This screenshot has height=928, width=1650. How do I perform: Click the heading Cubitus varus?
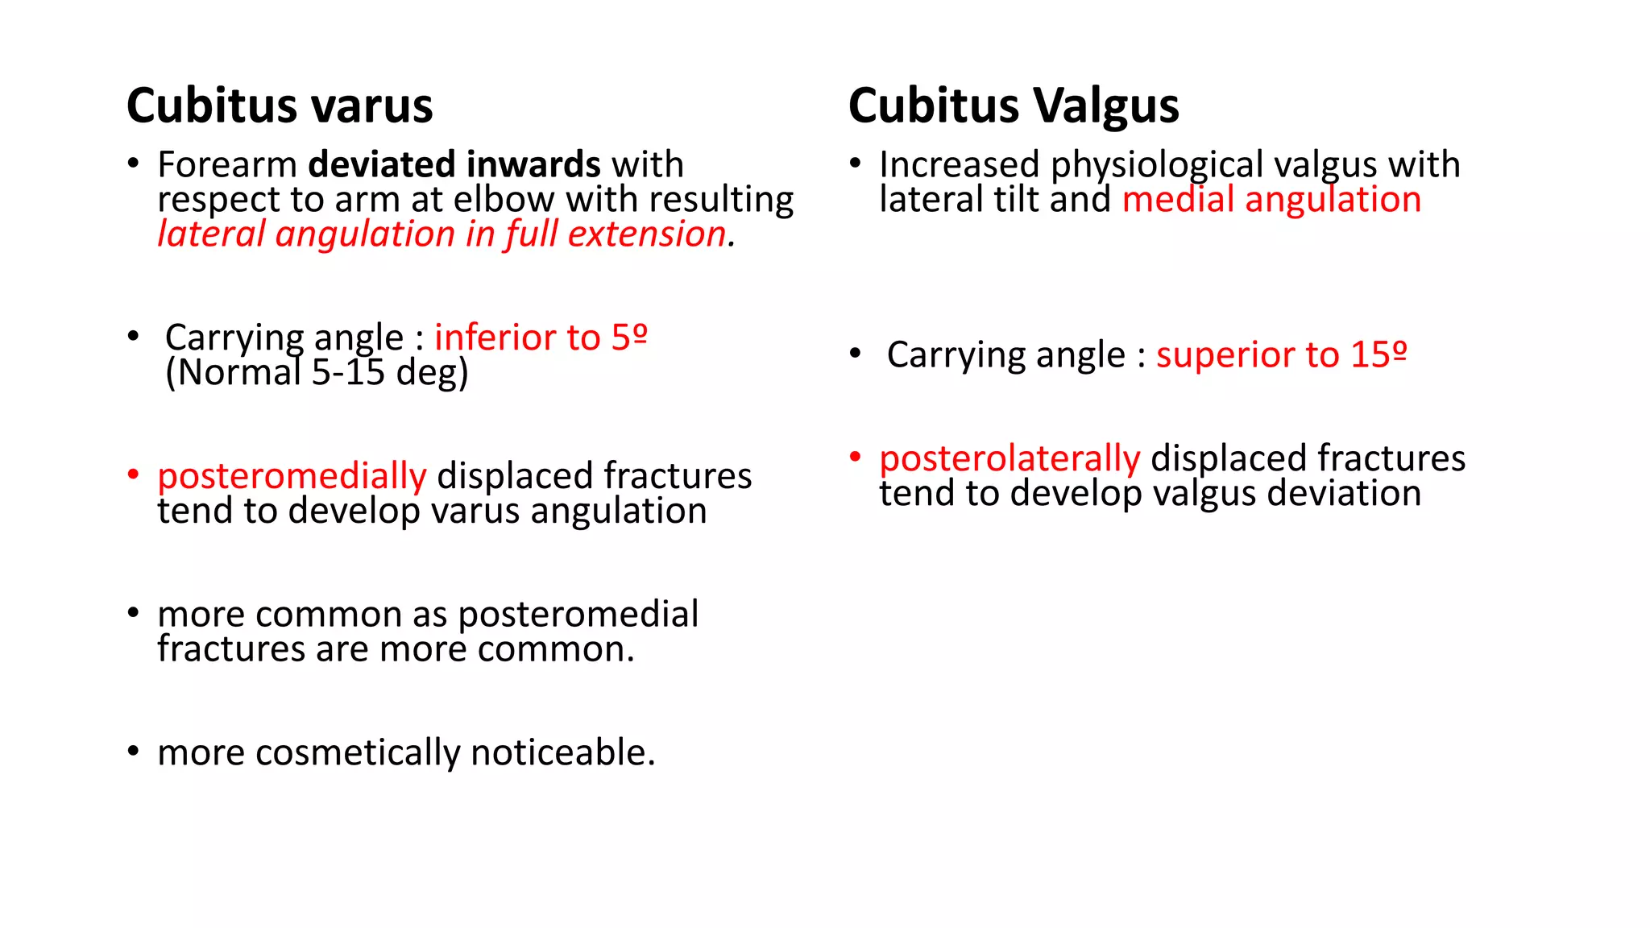[x=280, y=106]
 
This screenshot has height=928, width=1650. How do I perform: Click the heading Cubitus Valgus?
[x=1013, y=106]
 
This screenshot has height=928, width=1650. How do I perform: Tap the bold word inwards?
[x=533, y=164]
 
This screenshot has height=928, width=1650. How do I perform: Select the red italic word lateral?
[x=211, y=234]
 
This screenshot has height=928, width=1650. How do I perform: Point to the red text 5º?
[x=629, y=338]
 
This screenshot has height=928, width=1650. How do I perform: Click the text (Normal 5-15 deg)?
[x=317, y=372]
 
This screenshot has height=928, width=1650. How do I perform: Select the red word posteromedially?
[x=292, y=476]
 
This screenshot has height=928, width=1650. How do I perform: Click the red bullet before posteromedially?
[x=134, y=474]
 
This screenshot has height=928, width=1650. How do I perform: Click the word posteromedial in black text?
[x=578, y=615]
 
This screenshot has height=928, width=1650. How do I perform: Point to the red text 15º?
[x=1378, y=355]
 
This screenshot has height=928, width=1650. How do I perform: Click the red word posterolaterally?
[x=1009, y=459]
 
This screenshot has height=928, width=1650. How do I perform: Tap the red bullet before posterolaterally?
[x=856, y=458]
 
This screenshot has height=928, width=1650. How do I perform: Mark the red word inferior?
[x=487, y=338]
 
